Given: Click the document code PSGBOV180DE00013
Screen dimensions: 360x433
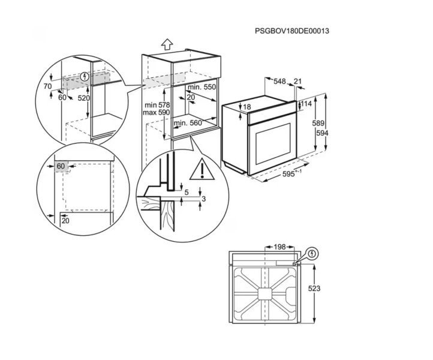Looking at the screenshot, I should (x=292, y=31).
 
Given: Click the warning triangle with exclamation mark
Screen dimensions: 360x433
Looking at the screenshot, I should (x=202, y=170).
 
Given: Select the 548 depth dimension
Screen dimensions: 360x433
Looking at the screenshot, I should (x=280, y=81).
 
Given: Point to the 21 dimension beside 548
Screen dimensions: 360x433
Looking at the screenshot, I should (x=298, y=81).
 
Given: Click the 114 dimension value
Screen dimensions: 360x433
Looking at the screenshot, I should (x=306, y=104).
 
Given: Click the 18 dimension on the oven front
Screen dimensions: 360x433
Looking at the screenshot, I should (x=246, y=107).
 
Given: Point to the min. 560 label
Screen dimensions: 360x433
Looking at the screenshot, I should (x=187, y=124).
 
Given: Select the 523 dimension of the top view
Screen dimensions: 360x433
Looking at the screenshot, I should (x=315, y=289).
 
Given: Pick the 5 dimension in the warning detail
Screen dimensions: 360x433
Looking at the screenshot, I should (x=187, y=193).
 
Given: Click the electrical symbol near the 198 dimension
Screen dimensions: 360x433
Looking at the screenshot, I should (x=312, y=254).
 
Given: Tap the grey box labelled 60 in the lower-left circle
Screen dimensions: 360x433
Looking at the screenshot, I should (x=61, y=166).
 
